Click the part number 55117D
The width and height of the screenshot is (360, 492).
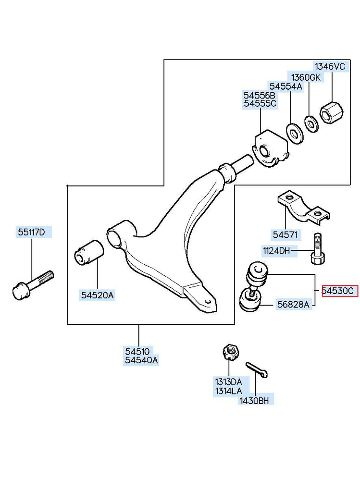(32, 233)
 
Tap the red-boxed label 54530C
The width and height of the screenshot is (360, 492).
(339, 291)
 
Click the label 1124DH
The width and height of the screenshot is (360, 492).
(276, 250)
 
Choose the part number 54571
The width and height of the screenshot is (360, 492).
(286, 235)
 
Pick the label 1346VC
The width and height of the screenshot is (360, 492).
(330, 67)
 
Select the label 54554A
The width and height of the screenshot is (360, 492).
(286, 86)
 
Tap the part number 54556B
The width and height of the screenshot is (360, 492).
(260, 96)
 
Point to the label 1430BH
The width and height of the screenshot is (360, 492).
(255, 400)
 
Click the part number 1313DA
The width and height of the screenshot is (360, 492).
(228, 382)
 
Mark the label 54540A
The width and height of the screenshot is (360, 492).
(141, 360)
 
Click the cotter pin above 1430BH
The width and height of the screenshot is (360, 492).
(257, 369)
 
